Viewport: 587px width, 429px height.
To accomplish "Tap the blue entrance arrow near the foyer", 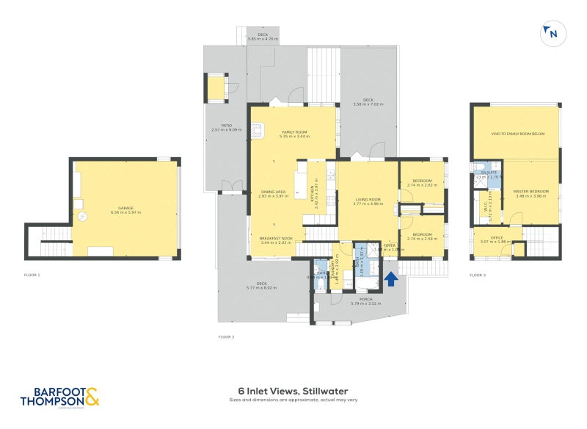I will pyautogui.click(x=391, y=279).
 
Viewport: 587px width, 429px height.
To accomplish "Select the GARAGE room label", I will pyautogui.click(x=125, y=209).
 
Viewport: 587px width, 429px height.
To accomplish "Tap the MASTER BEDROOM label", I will pyautogui.click(x=532, y=193).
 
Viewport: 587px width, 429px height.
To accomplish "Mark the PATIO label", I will pyautogui.click(x=227, y=127).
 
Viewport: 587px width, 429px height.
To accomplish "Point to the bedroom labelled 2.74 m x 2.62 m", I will pyautogui.click(x=422, y=183).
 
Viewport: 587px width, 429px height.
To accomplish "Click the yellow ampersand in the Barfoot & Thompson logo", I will pyautogui.click(x=92, y=397).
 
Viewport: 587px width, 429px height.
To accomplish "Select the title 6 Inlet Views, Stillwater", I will pyautogui.click(x=293, y=392).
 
